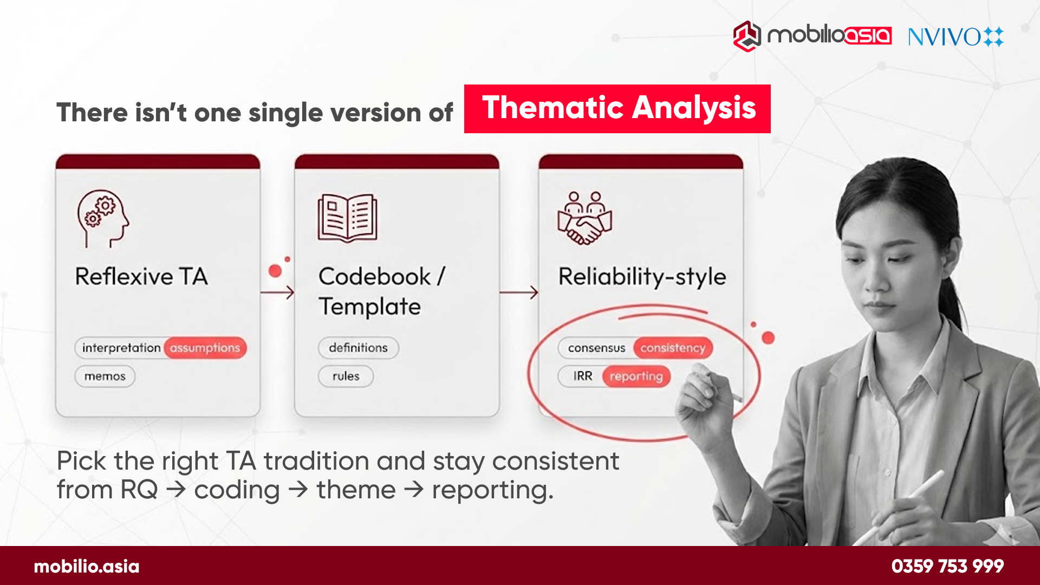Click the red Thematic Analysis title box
point(617,108)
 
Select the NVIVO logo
point(955,37)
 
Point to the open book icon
point(347,218)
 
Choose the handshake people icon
point(584,218)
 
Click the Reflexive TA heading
point(141,277)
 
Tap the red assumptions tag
point(205,348)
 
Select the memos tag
point(105,376)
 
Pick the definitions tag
point(358,348)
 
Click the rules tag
point(346,376)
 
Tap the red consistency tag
point(673,348)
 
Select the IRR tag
point(582,376)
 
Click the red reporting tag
point(636,376)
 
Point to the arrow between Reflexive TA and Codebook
point(277,292)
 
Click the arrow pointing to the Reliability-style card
point(518,292)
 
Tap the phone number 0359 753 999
point(947,566)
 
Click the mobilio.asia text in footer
point(87,567)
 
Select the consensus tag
point(596,348)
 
